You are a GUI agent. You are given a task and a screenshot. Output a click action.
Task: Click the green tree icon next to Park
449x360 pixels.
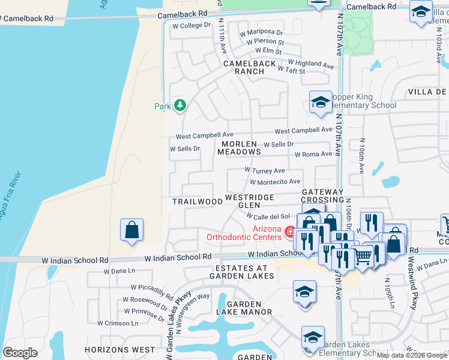click(x=179, y=106)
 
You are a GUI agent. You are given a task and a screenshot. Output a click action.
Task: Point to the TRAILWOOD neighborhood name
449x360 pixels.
click(x=197, y=202)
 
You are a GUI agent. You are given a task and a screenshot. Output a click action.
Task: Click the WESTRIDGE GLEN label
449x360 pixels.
click(x=249, y=201)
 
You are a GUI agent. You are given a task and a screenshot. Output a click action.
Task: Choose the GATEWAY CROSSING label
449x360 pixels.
click(x=322, y=196)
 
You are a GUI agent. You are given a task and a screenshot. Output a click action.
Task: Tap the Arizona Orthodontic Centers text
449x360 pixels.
click(x=243, y=233)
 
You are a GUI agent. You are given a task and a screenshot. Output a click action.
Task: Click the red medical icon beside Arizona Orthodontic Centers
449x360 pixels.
click(x=289, y=232)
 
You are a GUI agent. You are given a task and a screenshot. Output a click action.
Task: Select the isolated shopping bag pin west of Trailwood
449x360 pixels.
click(x=131, y=230)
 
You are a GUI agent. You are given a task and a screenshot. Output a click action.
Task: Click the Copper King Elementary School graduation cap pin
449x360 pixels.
click(x=321, y=102)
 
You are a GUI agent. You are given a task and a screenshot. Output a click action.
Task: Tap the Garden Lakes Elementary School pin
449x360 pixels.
click(x=313, y=338)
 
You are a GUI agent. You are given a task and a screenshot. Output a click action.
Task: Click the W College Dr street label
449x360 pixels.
click(x=191, y=25)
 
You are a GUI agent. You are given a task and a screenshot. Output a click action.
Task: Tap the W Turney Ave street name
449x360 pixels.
click(x=265, y=171)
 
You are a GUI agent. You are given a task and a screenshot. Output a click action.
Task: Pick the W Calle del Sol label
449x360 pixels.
click(x=268, y=216)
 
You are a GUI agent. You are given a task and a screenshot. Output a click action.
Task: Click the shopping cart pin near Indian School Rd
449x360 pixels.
click(x=363, y=257)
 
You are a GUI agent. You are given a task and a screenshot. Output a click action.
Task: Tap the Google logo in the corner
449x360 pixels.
click(x=20, y=352)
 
